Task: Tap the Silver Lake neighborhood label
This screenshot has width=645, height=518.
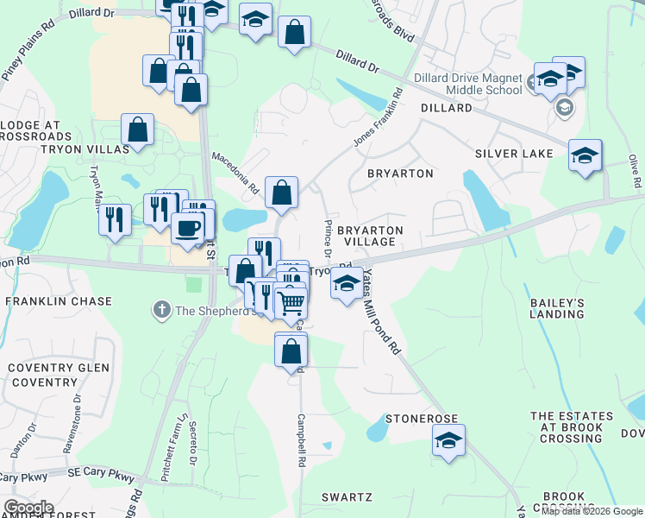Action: tap(513, 154)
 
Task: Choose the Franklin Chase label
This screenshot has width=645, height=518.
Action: tap(59, 301)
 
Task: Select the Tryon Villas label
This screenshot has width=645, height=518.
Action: tap(72, 148)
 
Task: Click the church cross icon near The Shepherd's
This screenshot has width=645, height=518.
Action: tap(160, 309)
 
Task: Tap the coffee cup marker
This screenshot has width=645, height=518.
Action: tap(187, 228)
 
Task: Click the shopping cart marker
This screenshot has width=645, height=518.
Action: tap(291, 303)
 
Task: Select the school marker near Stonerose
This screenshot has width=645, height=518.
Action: tap(448, 439)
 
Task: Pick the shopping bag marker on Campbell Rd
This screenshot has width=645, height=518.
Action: tap(291, 350)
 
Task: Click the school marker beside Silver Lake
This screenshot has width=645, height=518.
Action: tap(585, 155)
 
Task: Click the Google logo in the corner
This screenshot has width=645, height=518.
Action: tap(28, 507)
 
